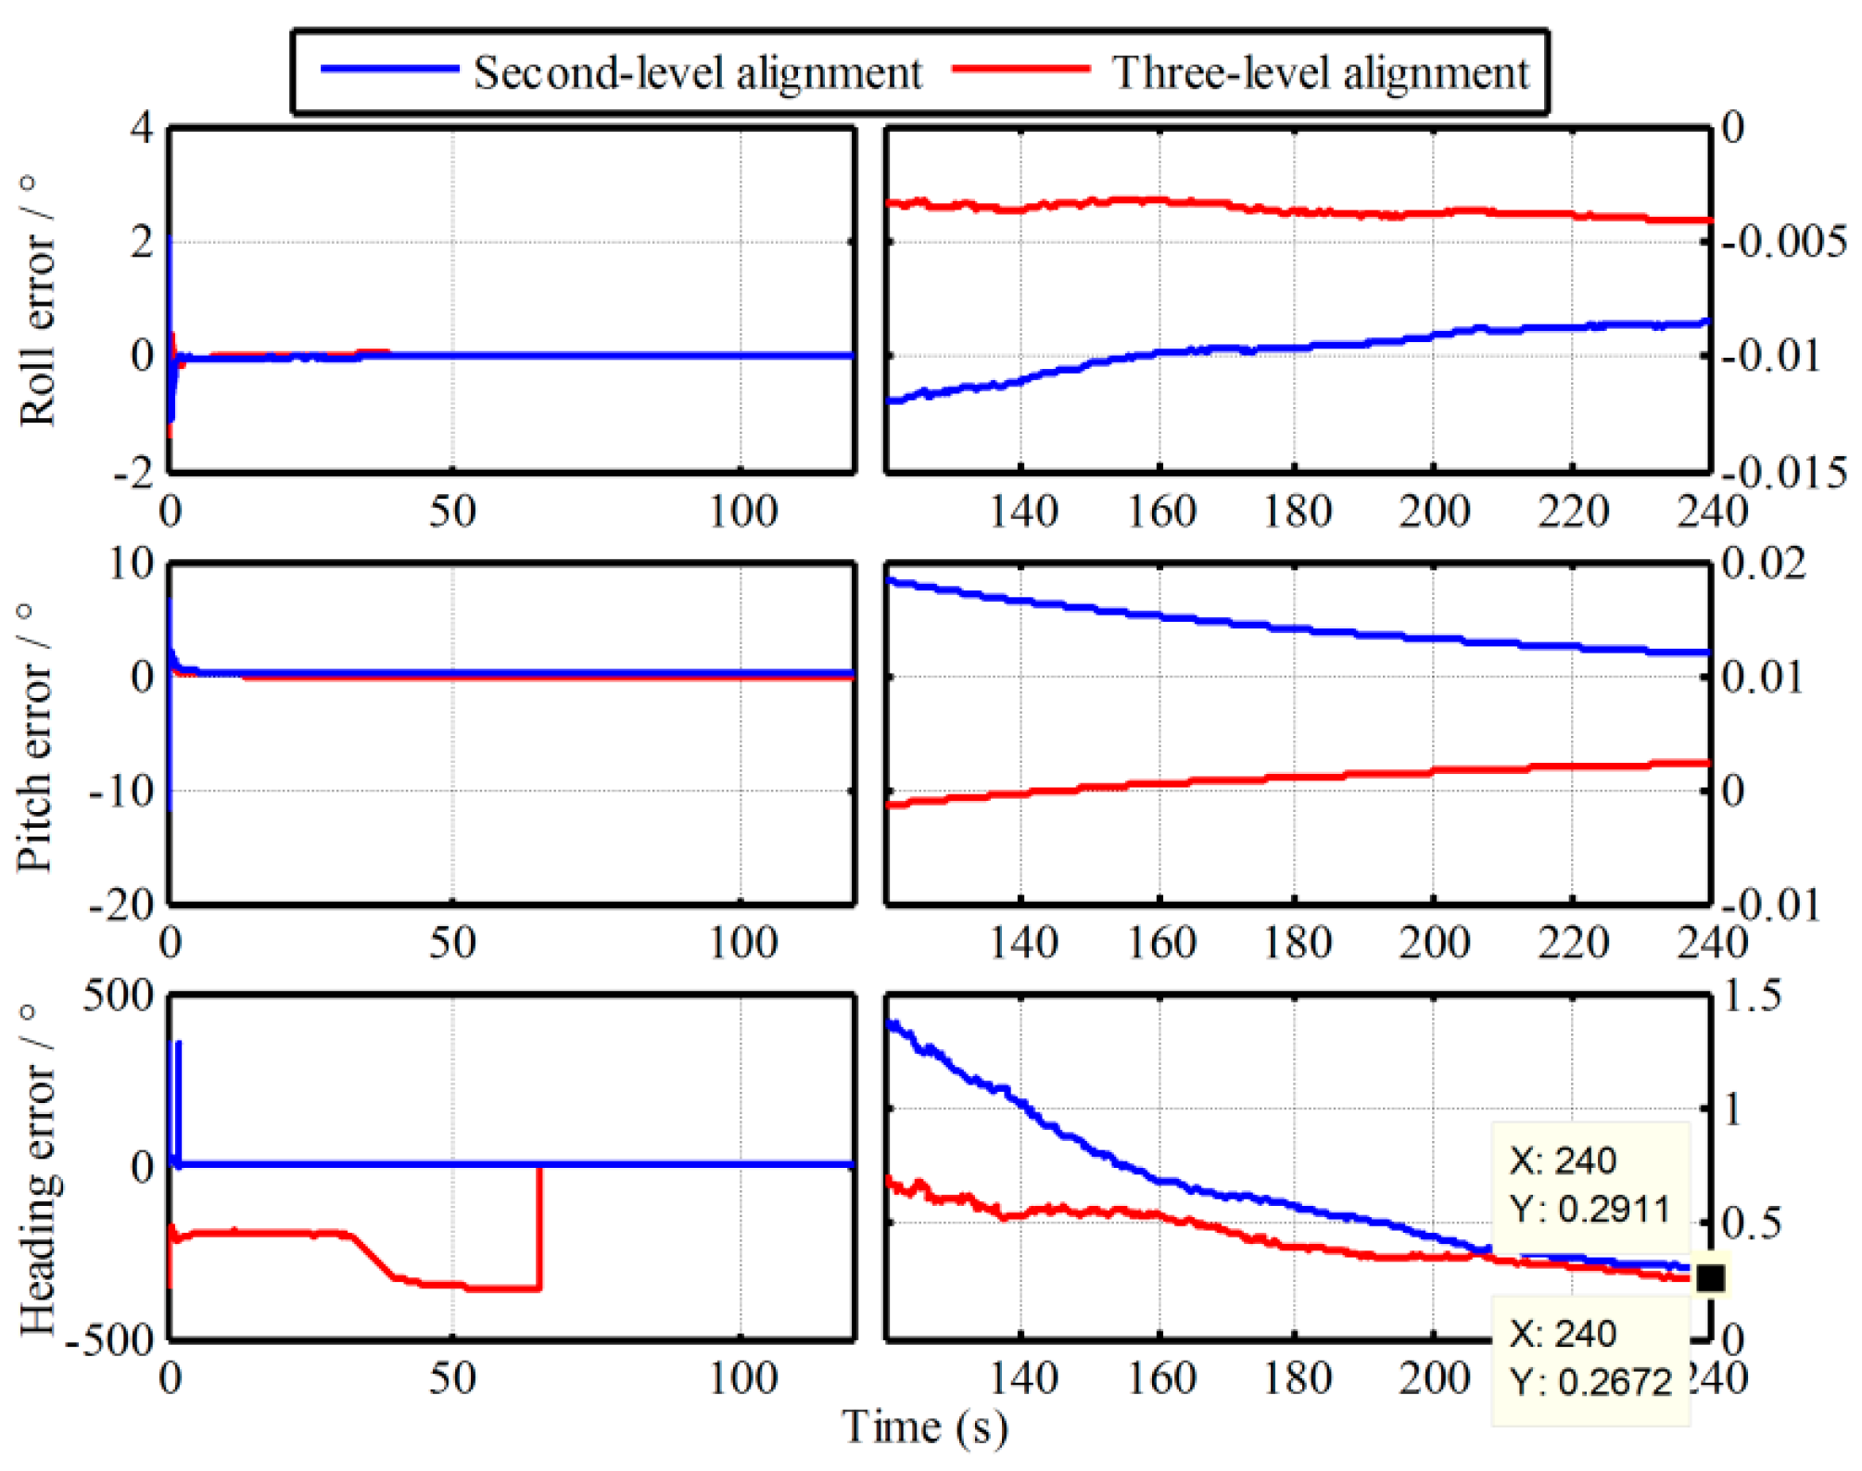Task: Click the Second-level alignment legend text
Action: (697, 72)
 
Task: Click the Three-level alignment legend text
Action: (1320, 72)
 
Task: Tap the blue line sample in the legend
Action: (389, 70)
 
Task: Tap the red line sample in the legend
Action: (1020, 70)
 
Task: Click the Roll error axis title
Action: (37, 301)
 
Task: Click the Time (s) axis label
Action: (924, 1427)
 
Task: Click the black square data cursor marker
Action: (1710, 1278)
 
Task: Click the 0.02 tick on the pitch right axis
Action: (1763, 563)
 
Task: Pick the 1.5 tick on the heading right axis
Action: (1752, 995)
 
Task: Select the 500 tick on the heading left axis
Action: (119, 995)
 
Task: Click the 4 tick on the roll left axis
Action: (142, 128)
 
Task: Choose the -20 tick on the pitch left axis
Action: (121, 904)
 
